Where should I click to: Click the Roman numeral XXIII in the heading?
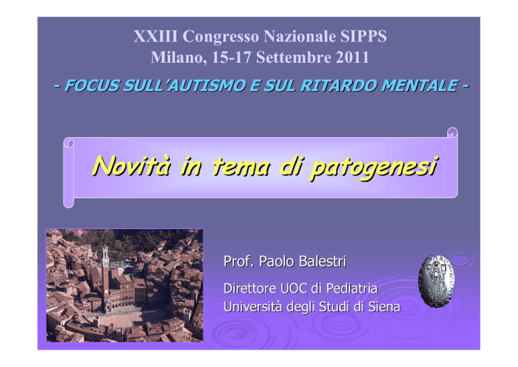click(x=156, y=36)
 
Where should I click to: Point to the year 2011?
click(x=353, y=57)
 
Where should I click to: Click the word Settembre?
click(x=293, y=57)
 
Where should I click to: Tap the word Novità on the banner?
click(x=132, y=166)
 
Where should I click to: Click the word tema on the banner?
click(x=241, y=166)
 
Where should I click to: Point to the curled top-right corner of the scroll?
click(x=453, y=132)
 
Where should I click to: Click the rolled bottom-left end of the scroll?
click(x=68, y=202)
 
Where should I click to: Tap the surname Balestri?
click(x=319, y=262)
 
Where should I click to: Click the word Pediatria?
click(x=352, y=288)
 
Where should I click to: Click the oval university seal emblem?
click(x=436, y=281)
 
